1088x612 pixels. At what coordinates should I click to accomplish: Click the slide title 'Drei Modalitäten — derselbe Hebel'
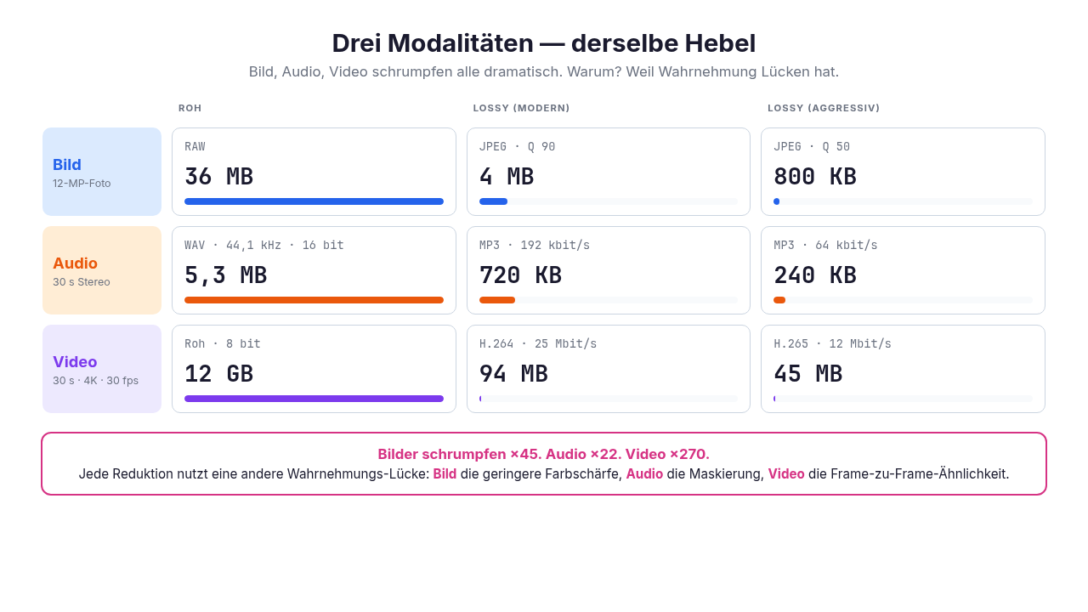pos(543,43)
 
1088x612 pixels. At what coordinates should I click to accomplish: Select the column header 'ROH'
pos(190,108)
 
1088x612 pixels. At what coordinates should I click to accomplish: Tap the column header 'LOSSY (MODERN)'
pos(521,108)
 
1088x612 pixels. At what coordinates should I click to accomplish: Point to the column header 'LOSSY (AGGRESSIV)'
pos(824,108)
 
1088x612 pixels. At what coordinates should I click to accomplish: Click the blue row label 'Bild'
pos(67,165)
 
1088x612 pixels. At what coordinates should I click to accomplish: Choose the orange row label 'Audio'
pos(76,263)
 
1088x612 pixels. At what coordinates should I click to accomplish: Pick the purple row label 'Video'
pos(75,362)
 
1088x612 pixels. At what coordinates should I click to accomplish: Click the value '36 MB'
pos(218,176)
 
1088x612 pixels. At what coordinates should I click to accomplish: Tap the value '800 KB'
pos(814,176)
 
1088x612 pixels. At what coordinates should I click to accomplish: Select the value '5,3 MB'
pos(225,275)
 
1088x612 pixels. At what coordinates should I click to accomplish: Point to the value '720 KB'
pos(520,275)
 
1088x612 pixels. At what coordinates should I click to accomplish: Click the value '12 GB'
pos(218,373)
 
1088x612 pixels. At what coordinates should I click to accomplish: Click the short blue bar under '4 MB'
pos(494,201)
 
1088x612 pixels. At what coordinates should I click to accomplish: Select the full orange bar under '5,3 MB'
pos(314,300)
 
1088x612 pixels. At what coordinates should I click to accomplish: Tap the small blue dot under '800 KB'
pos(777,201)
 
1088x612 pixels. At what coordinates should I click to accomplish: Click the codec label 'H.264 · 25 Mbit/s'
pos(538,344)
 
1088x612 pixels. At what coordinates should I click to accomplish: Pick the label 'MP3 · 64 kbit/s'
pos(825,246)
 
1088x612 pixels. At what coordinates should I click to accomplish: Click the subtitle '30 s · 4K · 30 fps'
pos(96,380)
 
